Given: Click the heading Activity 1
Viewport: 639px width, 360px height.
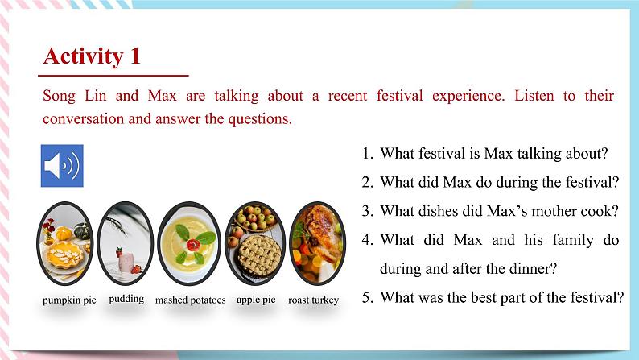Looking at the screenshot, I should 92,56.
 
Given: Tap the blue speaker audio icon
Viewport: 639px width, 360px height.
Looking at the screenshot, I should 61,166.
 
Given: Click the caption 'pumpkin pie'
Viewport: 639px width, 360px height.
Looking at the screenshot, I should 69,300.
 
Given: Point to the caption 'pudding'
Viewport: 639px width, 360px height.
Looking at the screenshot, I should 126,299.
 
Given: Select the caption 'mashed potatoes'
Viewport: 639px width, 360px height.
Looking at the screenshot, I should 191,300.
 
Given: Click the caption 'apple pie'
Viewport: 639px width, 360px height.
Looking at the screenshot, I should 256,300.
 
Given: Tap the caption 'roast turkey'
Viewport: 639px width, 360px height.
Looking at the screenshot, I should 313,300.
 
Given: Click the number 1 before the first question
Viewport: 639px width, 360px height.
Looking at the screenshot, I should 367,154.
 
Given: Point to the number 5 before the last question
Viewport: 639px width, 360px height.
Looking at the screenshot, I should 367,297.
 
